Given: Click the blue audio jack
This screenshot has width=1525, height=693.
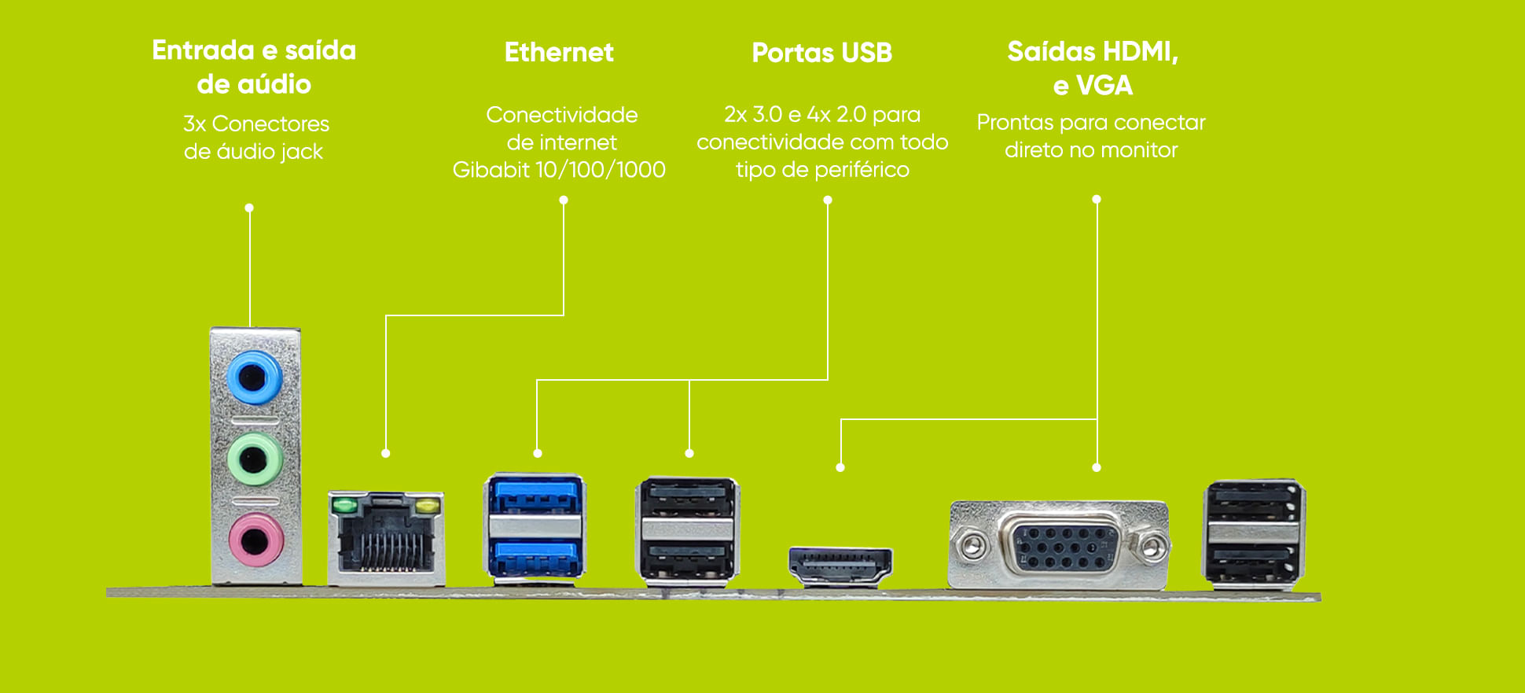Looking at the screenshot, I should (x=253, y=378).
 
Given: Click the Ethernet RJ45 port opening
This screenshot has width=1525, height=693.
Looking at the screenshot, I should (x=386, y=542).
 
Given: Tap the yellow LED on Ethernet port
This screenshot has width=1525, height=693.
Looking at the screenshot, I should (x=427, y=505).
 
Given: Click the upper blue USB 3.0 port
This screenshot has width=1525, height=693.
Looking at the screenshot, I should (x=535, y=498).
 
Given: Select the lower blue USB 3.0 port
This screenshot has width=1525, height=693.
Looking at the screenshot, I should (x=535, y=558).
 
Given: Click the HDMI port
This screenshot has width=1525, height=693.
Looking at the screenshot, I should (x=840, y=567).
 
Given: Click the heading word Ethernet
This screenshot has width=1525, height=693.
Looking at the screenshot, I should (x=559, y=53).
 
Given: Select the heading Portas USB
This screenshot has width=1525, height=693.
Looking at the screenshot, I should (x=821, y=53).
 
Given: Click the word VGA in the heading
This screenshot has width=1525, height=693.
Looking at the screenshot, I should (x=1104, y=85).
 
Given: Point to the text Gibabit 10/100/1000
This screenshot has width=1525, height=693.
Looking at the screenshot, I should (x=559, y=170).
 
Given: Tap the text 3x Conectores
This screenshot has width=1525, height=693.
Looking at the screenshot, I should (x=255, y=124).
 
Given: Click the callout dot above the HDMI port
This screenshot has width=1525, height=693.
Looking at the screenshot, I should (x=840, y=467).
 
